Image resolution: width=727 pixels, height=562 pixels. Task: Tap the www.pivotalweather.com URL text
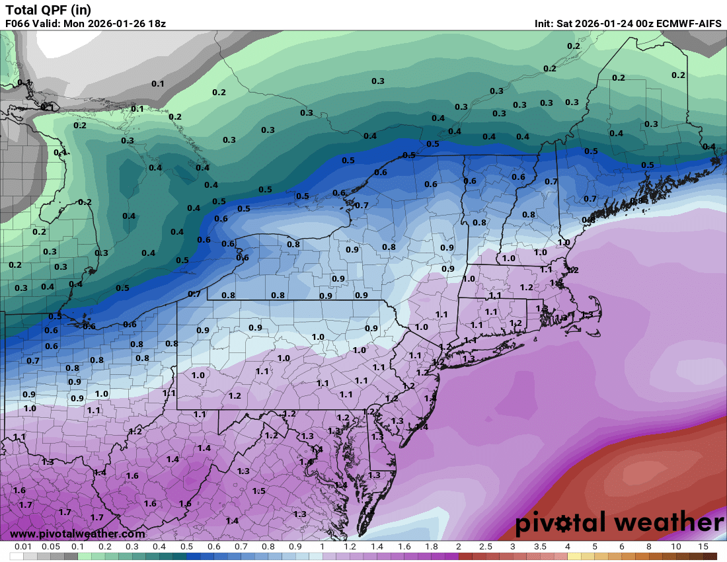(x=77, y=534)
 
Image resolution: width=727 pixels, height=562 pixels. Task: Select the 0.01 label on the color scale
(x=24, y=547)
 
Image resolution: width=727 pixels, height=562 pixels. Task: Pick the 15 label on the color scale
(x=703, y=547)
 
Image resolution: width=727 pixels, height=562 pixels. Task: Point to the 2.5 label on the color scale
(x=485, y=547)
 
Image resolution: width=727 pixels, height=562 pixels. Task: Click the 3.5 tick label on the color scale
(x=540, y=547)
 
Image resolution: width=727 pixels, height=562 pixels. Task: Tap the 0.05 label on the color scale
(x=51, y=547)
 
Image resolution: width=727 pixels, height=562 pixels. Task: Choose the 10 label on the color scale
(x=675, y=547)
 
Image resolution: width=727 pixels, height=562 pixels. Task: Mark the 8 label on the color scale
(x=648, y=547)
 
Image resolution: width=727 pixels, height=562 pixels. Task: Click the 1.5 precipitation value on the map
(x=259, y=491)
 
